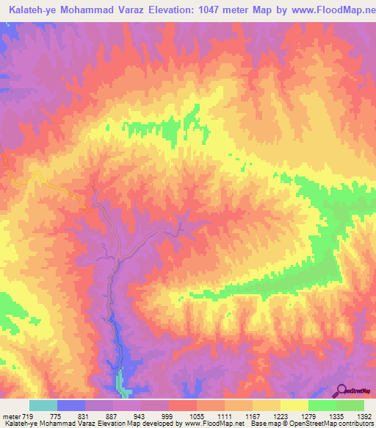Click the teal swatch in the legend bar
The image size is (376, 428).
point(43,405)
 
